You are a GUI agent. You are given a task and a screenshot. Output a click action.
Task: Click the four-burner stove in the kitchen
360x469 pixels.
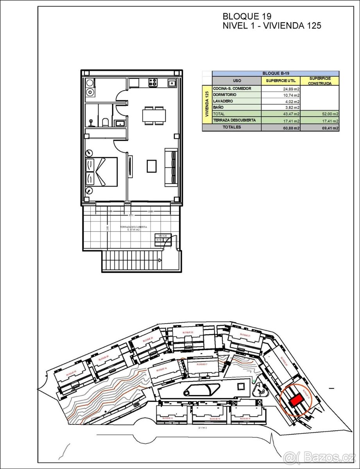[152, 82]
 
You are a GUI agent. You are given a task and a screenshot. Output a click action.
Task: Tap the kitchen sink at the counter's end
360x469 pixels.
[171, 82]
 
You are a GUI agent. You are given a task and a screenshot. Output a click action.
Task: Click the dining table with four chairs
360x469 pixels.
[154, 116]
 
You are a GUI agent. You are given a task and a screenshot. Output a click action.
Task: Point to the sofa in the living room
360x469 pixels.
[171, 166]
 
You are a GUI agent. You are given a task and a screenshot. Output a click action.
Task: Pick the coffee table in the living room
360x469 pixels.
[152, 166]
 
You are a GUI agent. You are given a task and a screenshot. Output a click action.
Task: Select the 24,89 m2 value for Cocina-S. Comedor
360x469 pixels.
[291, 89]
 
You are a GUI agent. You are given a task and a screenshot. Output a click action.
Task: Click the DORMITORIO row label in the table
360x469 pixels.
[225, 95]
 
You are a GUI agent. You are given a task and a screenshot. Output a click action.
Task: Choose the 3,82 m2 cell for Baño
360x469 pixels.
[292, 107]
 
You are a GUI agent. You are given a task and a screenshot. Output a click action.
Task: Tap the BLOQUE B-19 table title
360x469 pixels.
[275, 73]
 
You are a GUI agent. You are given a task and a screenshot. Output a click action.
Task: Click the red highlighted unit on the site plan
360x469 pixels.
[296, 400]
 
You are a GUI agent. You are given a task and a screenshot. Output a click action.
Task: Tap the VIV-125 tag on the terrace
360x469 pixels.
[162, 236]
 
